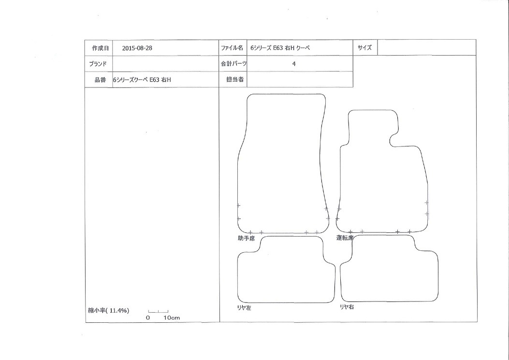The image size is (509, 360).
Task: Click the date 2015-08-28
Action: (137, 48)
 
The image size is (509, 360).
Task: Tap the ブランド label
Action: (98, 64)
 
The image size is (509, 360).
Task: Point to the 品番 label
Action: (101, 80)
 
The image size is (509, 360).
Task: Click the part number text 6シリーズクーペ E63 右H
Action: (142, 80)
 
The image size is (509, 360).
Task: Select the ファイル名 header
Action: (232, 48)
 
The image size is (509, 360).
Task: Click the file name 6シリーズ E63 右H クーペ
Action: (280, 48)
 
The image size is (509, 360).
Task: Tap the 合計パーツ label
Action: (233, 64)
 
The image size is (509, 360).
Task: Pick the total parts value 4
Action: (294, 64)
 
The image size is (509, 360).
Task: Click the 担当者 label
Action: (235, 80)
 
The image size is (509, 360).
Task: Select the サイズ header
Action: (364, 48)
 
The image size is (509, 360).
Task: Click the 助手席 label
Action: (246, 238)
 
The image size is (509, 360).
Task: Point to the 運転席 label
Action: (345, 238)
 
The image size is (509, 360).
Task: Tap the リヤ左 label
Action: (244, 308)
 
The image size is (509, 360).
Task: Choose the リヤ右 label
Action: (347, 307)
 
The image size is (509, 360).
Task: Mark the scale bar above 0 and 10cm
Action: (158, 312)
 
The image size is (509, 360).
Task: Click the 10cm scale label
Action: (172, 318)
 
